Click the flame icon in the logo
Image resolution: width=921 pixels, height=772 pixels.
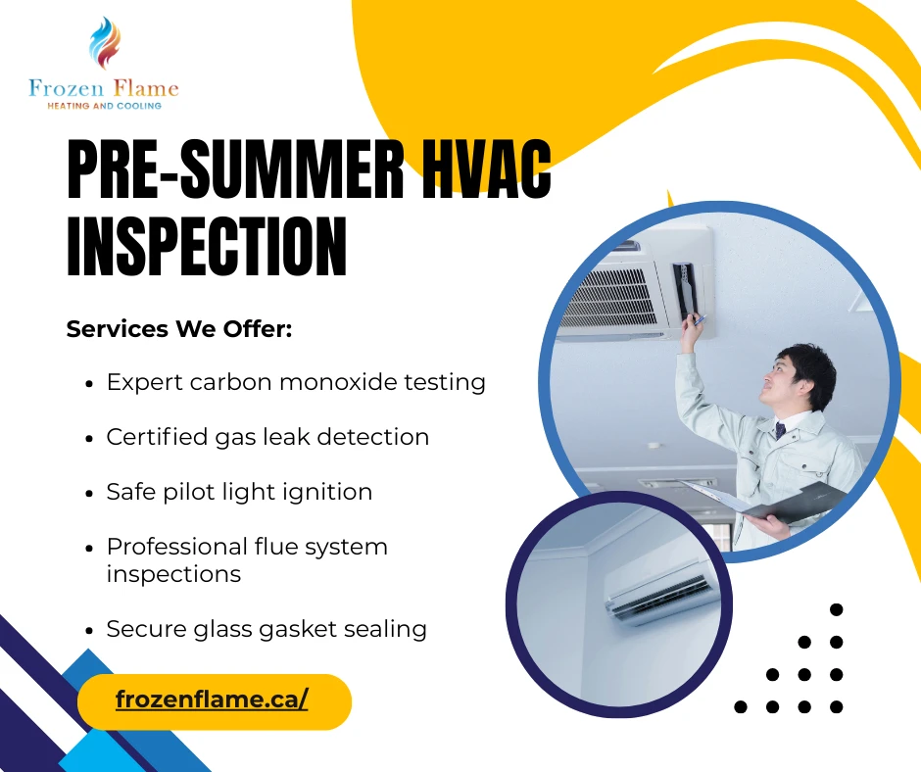pyautogui.click(x=104, y=44)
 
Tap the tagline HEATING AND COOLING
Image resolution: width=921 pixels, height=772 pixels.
pyautogui.click(x=105, y=106)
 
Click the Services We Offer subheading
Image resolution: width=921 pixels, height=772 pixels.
pyautogui.click(x=179, y=329)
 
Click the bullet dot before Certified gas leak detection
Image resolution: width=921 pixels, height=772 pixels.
pyautogui.click(x=90, y=438)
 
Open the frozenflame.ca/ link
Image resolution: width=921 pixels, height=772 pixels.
pyautogui.click(x=212, y=700)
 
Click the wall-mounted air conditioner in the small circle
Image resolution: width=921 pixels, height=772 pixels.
pyautogui.click(x=657, y=592)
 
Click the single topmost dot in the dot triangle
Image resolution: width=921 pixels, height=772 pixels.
pyautogui.click(x=836, y=609)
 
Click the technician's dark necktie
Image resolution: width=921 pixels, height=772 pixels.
pyautogui.click(x=781, y=430)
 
